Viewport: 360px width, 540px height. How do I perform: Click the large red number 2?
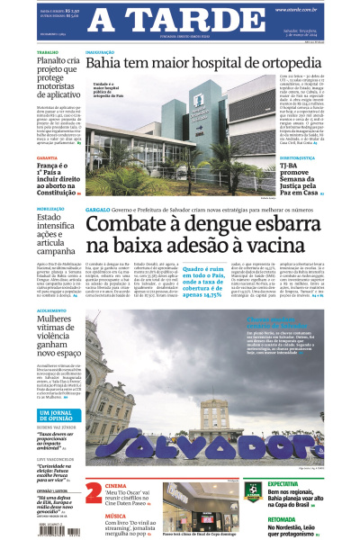click(x=94, y=492)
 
